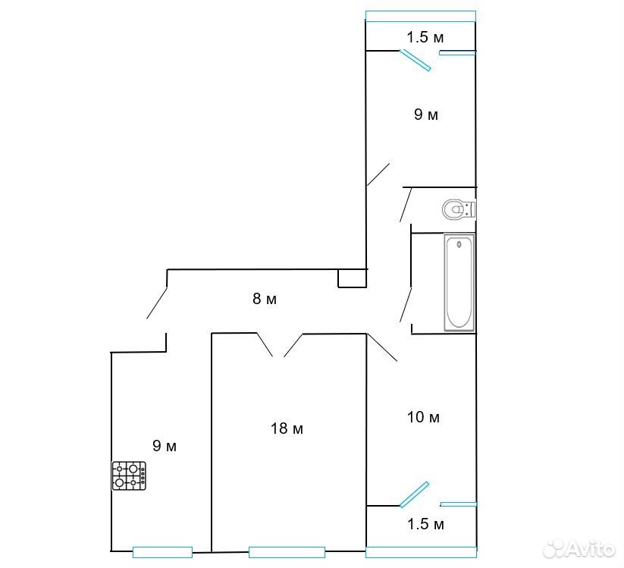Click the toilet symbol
point(459,209)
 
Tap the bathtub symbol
point(459,282)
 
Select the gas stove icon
point(129,475)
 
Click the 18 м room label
point(287,428)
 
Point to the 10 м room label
point(423,417)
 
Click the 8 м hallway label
point(265,299)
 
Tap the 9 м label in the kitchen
point(165,446)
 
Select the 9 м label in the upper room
point(426,115)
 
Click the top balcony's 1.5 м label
point(425,37)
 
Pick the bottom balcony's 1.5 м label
point(425,524)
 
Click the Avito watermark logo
point(579,549)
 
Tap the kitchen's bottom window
point(162,552)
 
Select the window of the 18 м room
point(287,553)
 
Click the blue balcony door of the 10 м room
point(414,494)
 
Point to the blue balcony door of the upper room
point(415,60)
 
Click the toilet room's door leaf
point(406,205)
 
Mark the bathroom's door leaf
point(406,305)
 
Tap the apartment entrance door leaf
point(157,303)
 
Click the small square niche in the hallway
point(353,278)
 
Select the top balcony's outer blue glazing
point(421,16)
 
